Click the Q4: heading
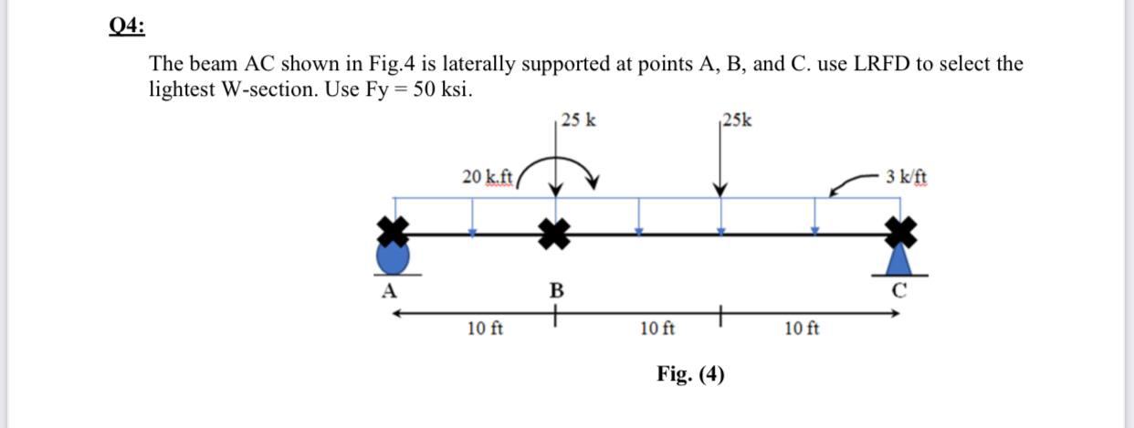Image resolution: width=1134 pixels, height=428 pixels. (x=127, y=26)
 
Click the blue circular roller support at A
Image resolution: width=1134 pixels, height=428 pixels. (x=394, y=258)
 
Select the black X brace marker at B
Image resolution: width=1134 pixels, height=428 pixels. (x=554, y=233)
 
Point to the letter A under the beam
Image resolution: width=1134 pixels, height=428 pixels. (x=389, y=292)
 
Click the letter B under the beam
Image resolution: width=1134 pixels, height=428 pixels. (x=554, y=292)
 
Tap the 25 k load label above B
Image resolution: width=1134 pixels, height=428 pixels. (x=580, y=120)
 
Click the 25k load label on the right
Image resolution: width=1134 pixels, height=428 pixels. (x=737, y=120)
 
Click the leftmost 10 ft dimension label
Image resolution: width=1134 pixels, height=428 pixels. (x=485, y=328)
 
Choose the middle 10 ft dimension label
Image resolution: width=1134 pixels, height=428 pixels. (x=657, y=328)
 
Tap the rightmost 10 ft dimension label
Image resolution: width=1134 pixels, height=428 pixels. (x=802, y=328)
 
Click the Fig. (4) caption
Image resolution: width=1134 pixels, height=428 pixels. (x=690, y=373)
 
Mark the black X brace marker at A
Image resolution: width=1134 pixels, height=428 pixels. (x=394, y=232)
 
